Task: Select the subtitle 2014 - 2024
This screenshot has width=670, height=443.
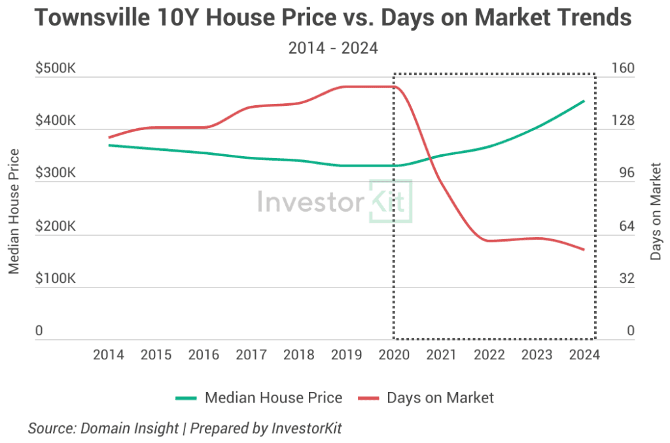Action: pos(333,48)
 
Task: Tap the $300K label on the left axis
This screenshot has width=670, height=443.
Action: pos(56,174)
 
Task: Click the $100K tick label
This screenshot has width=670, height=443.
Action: pos(56,279)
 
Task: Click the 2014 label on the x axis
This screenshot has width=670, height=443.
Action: pos(109,355)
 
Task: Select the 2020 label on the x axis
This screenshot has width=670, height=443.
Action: pos(394,355)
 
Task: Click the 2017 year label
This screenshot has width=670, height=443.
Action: pos(251,355)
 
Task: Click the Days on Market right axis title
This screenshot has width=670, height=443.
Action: pos(656,210)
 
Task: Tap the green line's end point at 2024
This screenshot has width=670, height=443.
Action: pos(584,101)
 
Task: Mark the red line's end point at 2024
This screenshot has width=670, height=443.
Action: pos(584,250)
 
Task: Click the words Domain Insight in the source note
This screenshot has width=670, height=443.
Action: pos(129,429)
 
